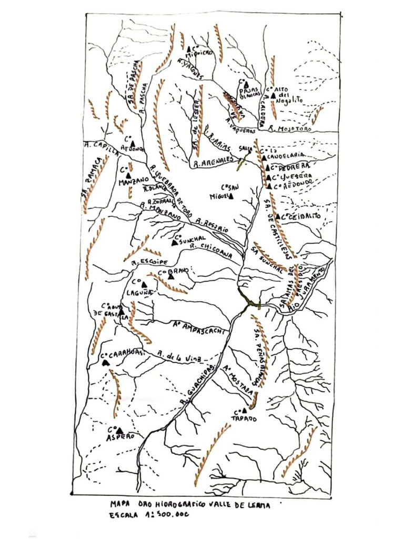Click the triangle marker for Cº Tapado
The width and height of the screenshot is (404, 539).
[244, 410]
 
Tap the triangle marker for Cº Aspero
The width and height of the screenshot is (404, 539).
[120, 431]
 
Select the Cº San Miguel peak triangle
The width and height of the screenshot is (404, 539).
[230, 197]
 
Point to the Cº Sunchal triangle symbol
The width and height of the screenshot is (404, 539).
[174, 243]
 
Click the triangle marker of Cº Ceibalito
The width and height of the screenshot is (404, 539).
[278, 216]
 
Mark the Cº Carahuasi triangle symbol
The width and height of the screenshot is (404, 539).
[105, 363]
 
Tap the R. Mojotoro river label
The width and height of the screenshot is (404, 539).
[287, 128]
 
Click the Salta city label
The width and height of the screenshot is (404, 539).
[245, 149]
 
